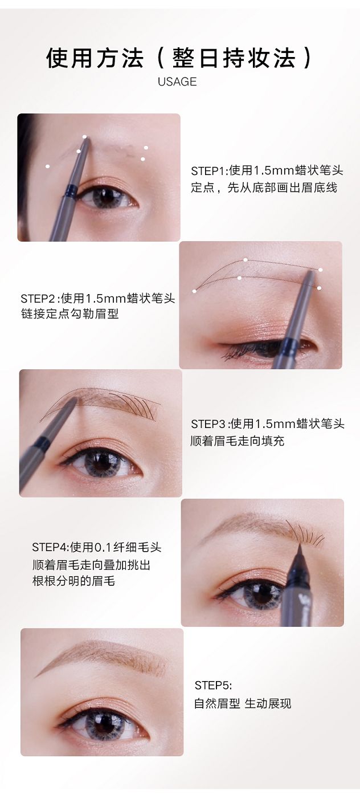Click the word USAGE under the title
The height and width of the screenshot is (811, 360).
[x=177, y=82]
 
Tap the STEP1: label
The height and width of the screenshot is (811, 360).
[x=210, y=170]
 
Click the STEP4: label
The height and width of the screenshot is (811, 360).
[x=51, y=547]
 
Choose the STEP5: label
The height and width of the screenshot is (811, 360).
[x=213, y=685]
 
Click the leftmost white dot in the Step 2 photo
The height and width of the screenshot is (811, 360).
[x=194, y=291]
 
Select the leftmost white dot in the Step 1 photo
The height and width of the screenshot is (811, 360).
[x=47, y=166]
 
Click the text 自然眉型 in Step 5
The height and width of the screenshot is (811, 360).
[x=217, y=703]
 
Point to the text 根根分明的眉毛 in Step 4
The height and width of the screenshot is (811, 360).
[x=74, y=581]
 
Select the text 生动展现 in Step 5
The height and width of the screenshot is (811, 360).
[x=268, y=703]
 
